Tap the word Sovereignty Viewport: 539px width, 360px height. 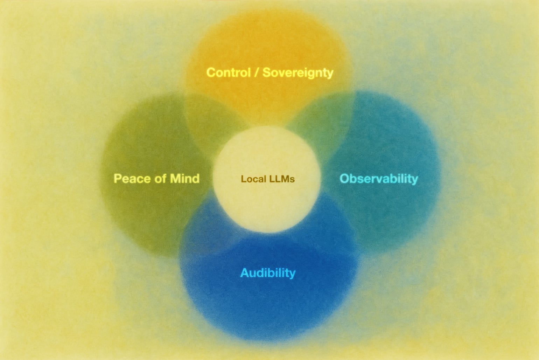[x=298, y=72]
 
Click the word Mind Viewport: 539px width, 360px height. [x=184, y=179]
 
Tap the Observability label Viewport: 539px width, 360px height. [x=379, y=179]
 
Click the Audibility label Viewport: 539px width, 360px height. [x=268, y=272]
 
